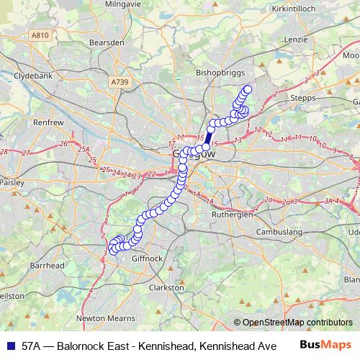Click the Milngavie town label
pos(102,4)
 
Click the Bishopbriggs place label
pos(220,73)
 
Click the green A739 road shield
pos(120,83)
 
